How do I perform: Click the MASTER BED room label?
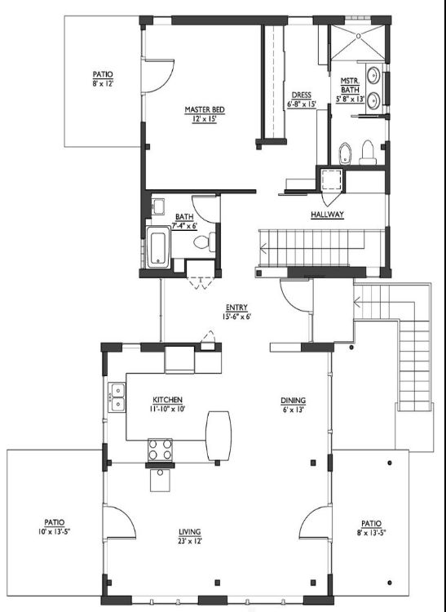(x=205, y=114)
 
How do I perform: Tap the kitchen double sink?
(x=117, y=397)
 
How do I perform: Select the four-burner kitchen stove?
(x=160, y=450)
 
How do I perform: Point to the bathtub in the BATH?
(x=158, y=247)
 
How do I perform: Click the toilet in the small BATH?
(x=205, y=242)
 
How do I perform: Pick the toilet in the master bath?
(x=368, y=153)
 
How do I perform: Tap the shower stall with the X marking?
(x=357, y=42)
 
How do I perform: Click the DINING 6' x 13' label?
(x=294, y=405)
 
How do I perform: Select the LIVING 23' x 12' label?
(x=190, y=536)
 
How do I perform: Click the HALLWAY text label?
(x=327, y=215)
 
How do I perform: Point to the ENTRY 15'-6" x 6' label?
(x=236, y=312)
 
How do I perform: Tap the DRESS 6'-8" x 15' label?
(x=302, y=100)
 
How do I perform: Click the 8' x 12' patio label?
(x=103, y=78)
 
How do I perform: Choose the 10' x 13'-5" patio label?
(x=54, y=526)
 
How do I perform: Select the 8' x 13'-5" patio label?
(x=371, y=527)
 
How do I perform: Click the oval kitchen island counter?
(x=219, y=435)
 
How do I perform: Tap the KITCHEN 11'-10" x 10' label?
(x=167, y=405)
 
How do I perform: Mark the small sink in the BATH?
(x=158, y=206)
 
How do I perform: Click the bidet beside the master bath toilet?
(x=345, y=153)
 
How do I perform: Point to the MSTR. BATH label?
(x=350, y=90)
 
